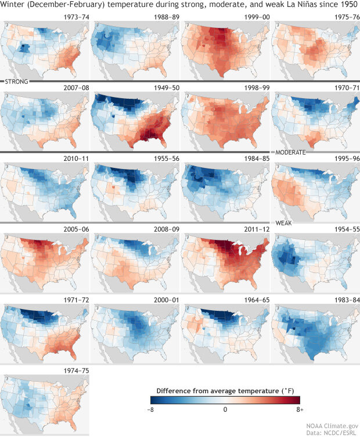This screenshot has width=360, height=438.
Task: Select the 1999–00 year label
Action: (x=253, y=17)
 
